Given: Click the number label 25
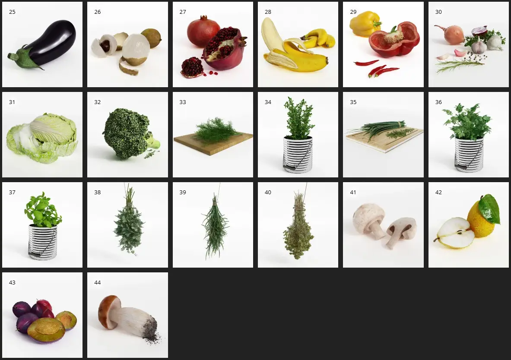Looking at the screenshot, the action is tap(12, 12).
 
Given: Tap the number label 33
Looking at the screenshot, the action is tap(182, 102).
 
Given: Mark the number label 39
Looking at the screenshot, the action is tap(182, 192).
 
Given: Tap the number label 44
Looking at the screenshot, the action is tap(98, 282).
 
